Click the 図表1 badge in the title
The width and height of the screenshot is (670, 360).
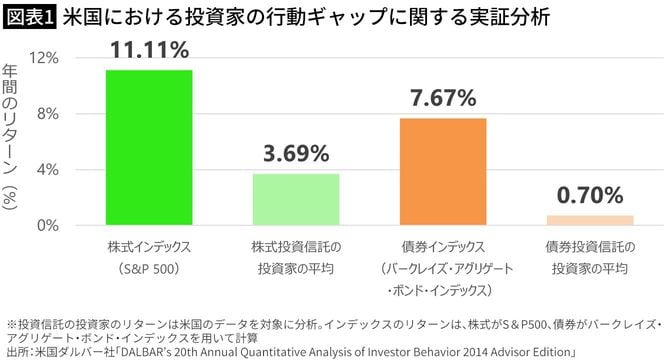pyautogui.click(x=29, y=19)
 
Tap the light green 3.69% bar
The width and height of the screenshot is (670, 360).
pyautogui.click(x=296, y=199)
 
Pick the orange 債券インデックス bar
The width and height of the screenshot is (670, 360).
pyautogui.click(x=443, y=171)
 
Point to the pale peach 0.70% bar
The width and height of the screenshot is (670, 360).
pyautogui.click(x=590, y=220)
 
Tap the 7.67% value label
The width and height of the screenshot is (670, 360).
pyautogui.click(x=443, y=98)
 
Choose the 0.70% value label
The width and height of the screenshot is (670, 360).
pyautogui.click(x=590, y=195)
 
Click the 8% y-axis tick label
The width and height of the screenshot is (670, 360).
pyautogui.click(x=49, y=114)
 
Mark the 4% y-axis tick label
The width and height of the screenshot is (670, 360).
pyautogui.click(x=49, y=170)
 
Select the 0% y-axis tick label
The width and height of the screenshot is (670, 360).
pyautogui.click(x=49, y=226)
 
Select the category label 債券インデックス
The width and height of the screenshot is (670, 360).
pyautogui.click(x=443, y=246)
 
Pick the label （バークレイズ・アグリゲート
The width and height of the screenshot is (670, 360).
pyautogui.click(x=443, y=268)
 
